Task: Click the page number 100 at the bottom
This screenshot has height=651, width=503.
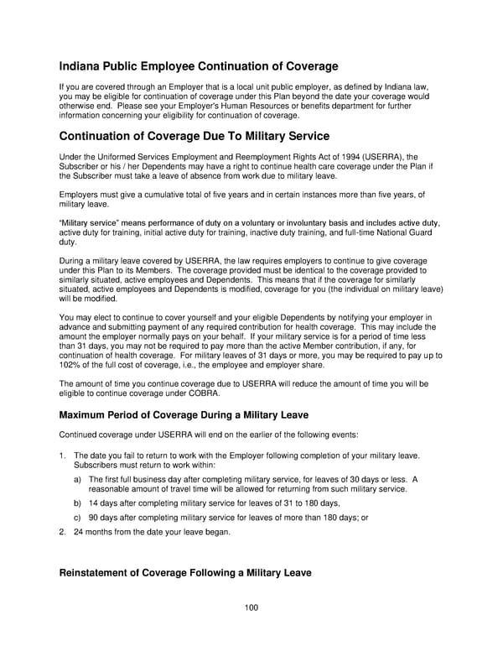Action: tap(251, 607)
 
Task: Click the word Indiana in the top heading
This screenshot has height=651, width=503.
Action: tap(85, 65)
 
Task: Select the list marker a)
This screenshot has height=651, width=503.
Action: tap(78, 479)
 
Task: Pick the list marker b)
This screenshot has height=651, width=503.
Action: tap(78, 503)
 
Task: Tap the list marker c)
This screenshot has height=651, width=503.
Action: tap(78, 517)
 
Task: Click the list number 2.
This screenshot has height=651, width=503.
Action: tap(62, 531)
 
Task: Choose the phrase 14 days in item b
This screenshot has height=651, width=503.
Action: tap(106, 503)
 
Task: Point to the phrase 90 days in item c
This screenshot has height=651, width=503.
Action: tap(106, 517)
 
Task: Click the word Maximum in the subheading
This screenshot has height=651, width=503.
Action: tap(87, 414)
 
